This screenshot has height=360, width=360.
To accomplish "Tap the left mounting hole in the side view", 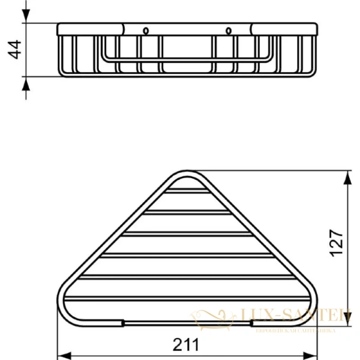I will tap(146, 30).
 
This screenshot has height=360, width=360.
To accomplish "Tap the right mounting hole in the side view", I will tap(228, 30).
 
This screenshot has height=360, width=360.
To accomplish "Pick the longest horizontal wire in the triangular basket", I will tap(186, 298).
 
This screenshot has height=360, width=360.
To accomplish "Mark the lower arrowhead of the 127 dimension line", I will tap(349, 320).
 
